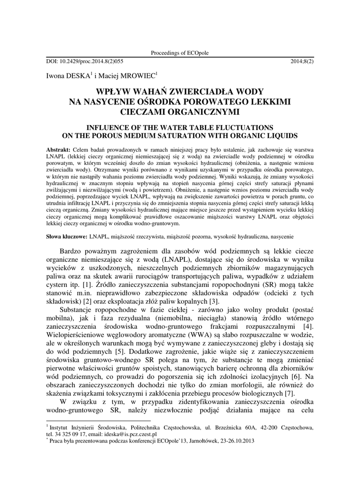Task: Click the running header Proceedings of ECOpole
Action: pos(180,53)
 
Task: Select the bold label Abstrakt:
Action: pos(58,149)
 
